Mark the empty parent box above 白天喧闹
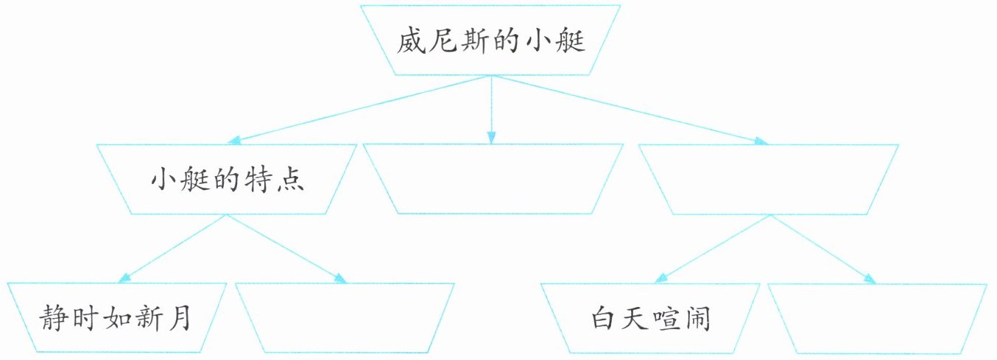768,179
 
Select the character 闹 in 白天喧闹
696,321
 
